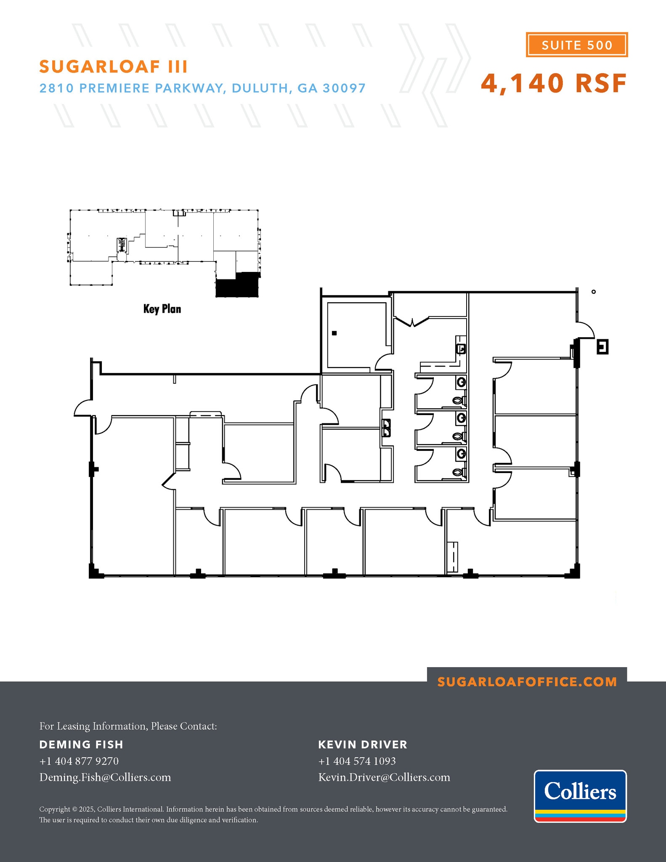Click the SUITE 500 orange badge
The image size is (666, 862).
click(576, 45)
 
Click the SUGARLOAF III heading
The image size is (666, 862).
click(113, 67)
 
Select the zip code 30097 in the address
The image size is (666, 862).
click(344, 88)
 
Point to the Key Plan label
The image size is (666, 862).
click(162, 309)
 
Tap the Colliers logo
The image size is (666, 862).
click(580, 795)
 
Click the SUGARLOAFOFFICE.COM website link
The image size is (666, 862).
click(527, 682)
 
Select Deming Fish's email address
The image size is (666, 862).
click(105, 777)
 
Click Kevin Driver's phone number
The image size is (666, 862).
click(357, 761)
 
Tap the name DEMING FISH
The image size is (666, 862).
click(81, 745)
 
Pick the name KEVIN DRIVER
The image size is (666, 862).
click(363, 745)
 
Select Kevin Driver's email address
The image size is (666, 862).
click(384, 777)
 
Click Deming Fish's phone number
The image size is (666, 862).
click(79, 761)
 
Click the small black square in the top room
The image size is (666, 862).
click(334, 333)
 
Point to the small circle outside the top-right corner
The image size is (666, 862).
click(594, 292)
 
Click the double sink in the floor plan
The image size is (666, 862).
click(386, 428)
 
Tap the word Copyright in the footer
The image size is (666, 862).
click(55, 809)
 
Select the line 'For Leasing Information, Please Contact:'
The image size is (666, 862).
click(128, 726)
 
